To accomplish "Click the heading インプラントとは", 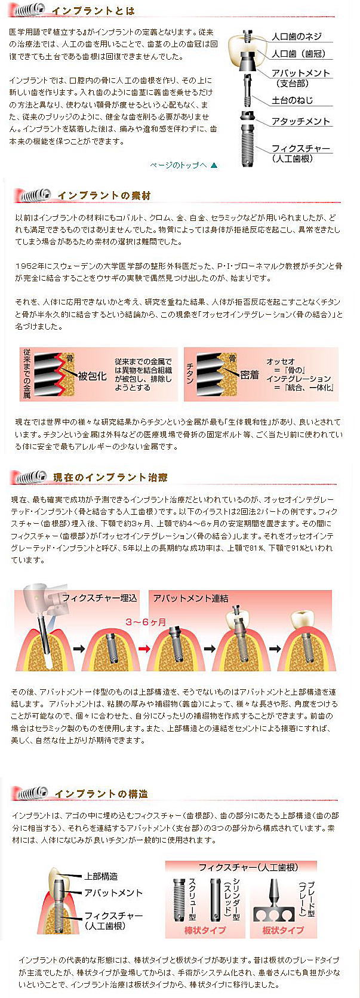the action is pos(93,11).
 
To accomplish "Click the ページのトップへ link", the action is pos(179,165).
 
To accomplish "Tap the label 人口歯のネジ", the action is pos(297,36).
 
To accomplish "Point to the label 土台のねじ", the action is pos(293,100).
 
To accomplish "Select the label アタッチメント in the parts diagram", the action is pos(301,121).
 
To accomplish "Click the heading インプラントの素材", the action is pos(104,195).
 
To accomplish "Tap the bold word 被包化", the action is pos(92,376).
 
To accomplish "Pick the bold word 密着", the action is pos(250,374).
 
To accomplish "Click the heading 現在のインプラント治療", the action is pos(110,477).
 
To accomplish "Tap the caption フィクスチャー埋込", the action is pos(99,598).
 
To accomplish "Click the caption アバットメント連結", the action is pos(190,598).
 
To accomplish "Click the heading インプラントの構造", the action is pos(101,794).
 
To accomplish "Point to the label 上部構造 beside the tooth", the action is pos(101,876).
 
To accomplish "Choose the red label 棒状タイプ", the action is pos(205,930).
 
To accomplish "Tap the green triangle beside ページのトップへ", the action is pos(214,165).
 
